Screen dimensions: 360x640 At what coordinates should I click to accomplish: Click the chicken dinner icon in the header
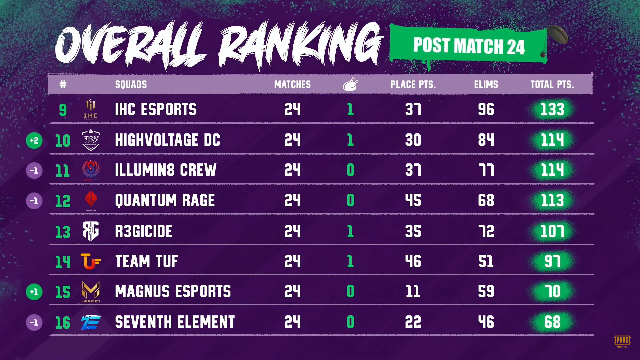(x=350, y=84)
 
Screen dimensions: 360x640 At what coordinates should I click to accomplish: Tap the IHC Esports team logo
(x=91, y=109)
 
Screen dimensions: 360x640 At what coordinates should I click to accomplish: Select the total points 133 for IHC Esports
(x=552, y=110)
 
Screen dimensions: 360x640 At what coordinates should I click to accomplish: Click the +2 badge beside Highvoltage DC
(x=34, y=140)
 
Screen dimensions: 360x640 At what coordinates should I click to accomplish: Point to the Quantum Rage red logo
(x=91, y=200)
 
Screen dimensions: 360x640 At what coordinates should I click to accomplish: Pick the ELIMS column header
(x=486, y=85)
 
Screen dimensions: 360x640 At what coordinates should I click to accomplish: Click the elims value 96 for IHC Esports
(x=486, y=110)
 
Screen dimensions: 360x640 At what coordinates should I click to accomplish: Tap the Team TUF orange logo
(x=90, y=261)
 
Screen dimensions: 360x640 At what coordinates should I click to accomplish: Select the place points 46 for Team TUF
(x=413, y=261)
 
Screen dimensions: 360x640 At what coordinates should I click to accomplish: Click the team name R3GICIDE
(x=144, y=231)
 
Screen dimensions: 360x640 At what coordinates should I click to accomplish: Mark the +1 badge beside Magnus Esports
(x=34, y=292)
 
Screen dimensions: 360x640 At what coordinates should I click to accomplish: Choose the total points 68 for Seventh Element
(x=552, y=322)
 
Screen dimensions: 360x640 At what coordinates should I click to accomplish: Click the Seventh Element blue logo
(x=91, y=322)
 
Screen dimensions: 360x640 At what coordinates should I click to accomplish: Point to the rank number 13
(x=63, y=232)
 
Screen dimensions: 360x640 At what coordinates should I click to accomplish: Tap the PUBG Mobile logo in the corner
(x=622, y=341)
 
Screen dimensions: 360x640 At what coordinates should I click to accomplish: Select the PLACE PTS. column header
(x=413, y=85)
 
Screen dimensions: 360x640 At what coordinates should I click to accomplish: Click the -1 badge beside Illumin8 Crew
(x=34, y=171)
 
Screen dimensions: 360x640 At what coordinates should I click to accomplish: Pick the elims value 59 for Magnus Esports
(x=486, y=292)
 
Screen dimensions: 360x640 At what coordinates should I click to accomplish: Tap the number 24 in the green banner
(x=516, y=47)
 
